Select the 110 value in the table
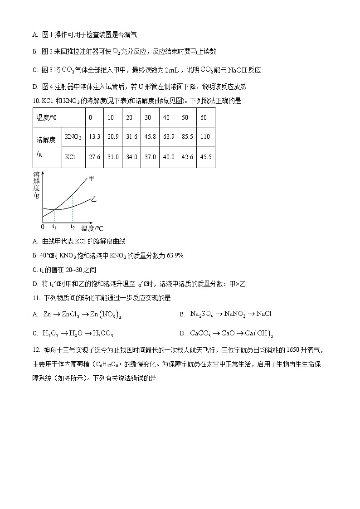pyautogui.click(x=205, y=136)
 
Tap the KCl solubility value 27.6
pyautogui.click(x=95, y=157)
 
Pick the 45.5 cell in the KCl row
pyautogui.click(x=205, y=157)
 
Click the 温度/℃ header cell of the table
pyautogui.click(x=47, y=117)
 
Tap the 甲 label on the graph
pyautogui.click(x=91, y=179)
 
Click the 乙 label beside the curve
pyautogui.click(x=93, y=199)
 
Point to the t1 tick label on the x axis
pyautogui.click(x=54, y=226)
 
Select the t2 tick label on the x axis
pyautogui.click(x=73, y=226)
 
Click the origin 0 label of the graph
pyautogui.click(x=43, y=227)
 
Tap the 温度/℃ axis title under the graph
pyautogui.click(x=92, y=228)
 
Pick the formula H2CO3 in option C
pyautogui.click(x=103, y=334)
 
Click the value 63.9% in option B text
pyautogui.click(x=175, y=256)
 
